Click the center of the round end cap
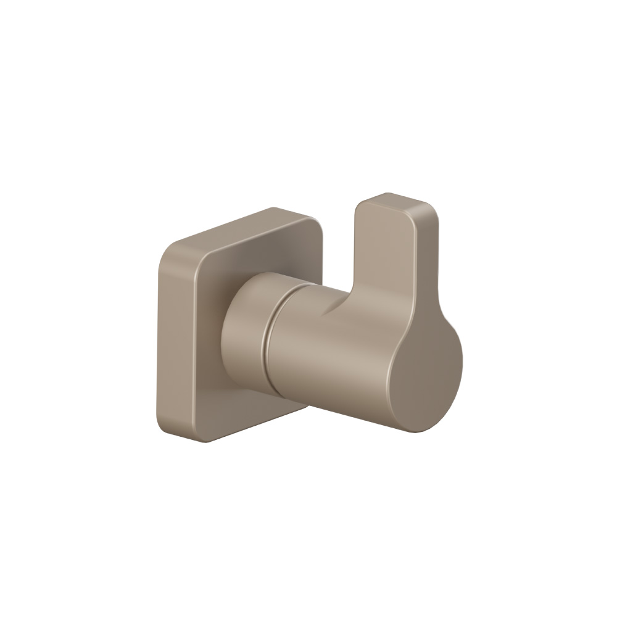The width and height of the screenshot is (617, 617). [x=426, y=383]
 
